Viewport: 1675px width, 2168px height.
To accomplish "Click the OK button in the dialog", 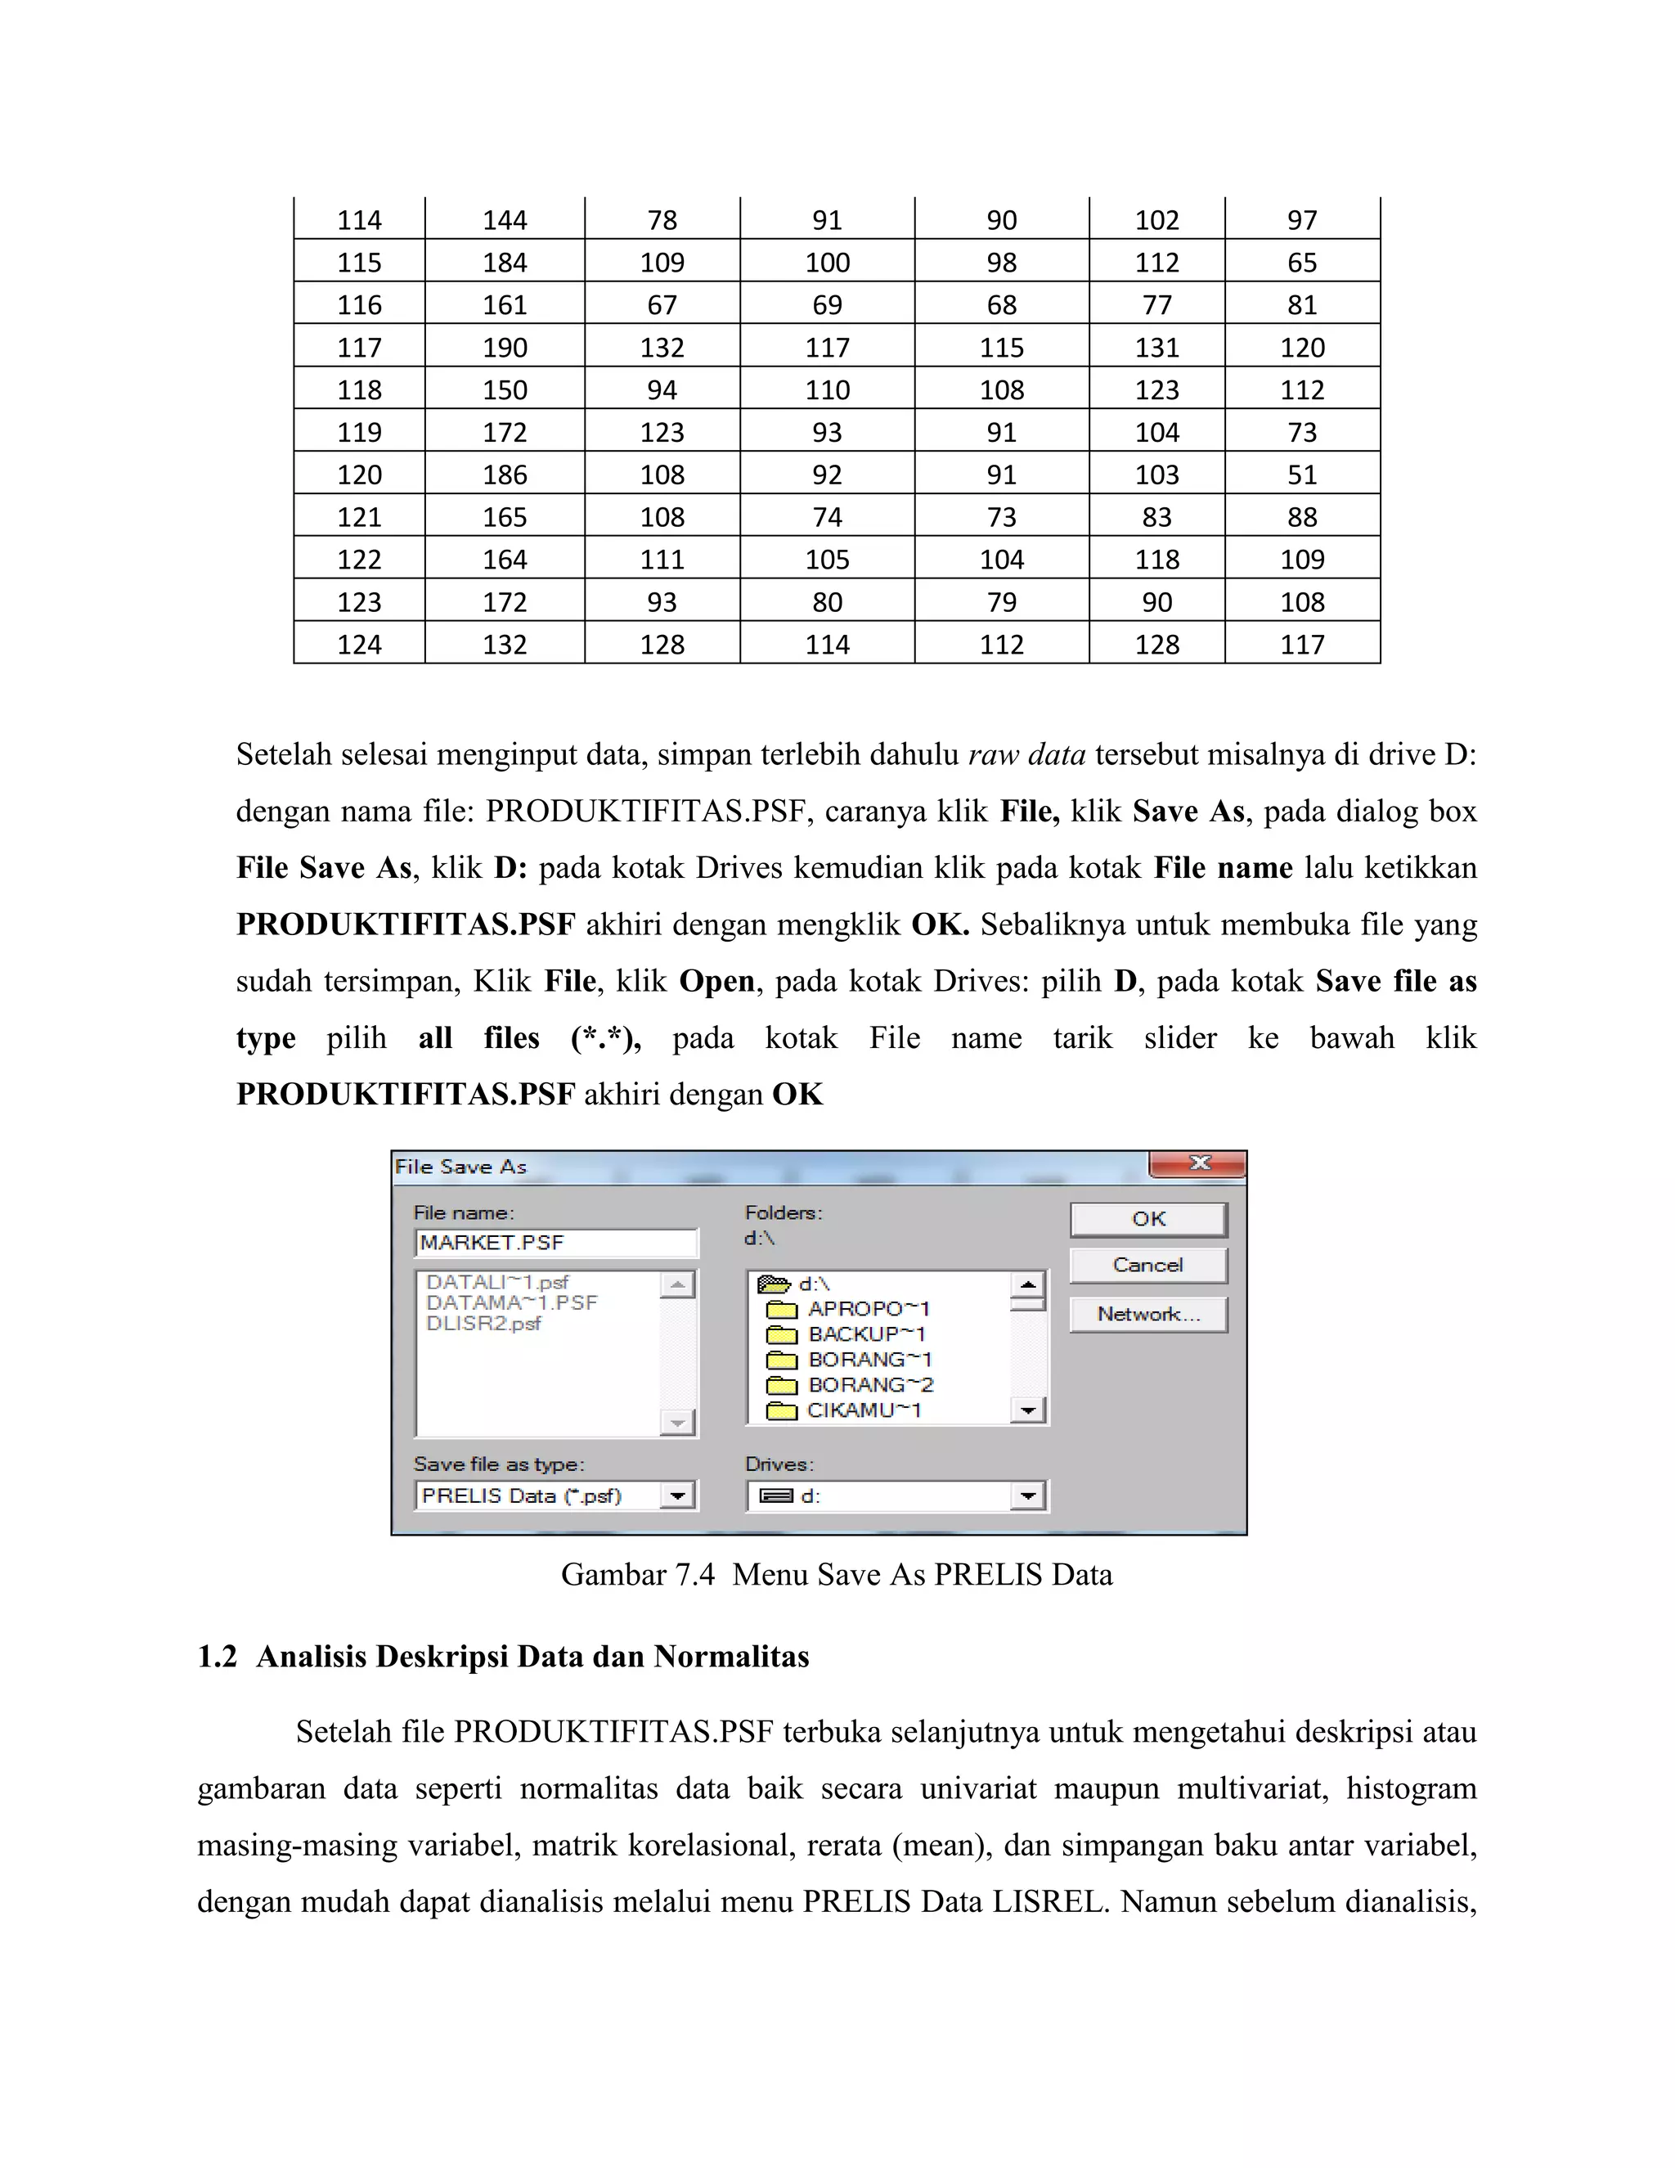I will (x=1148, y=1219).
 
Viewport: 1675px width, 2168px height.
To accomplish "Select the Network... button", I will (x=1148, y=1315).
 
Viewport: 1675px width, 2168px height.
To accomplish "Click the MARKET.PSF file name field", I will (x=555, y=1243).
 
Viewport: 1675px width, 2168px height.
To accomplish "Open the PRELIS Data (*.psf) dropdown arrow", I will (x=678, y=1496).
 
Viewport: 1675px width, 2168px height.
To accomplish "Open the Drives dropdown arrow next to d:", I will (x=1028, y=1496).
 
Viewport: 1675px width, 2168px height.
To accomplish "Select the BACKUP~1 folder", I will (x=865, y=1334).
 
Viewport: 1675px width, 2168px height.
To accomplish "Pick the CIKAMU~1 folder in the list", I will (x=864, y=1410).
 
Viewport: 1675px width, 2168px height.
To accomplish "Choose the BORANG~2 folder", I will (x=869, y=1385).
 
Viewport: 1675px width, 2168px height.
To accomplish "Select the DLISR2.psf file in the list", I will (x=483, y=1323).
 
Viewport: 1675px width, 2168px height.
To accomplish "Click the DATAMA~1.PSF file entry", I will (x=512, y=1302).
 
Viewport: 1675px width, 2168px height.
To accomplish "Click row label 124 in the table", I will (x=359, y=644).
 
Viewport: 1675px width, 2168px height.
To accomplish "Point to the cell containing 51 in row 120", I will (x=1302, y=475).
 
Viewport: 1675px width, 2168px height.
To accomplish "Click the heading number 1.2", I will (x=218, y=1657).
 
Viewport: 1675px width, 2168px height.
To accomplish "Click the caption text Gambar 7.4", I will (x=637, y=1574).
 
